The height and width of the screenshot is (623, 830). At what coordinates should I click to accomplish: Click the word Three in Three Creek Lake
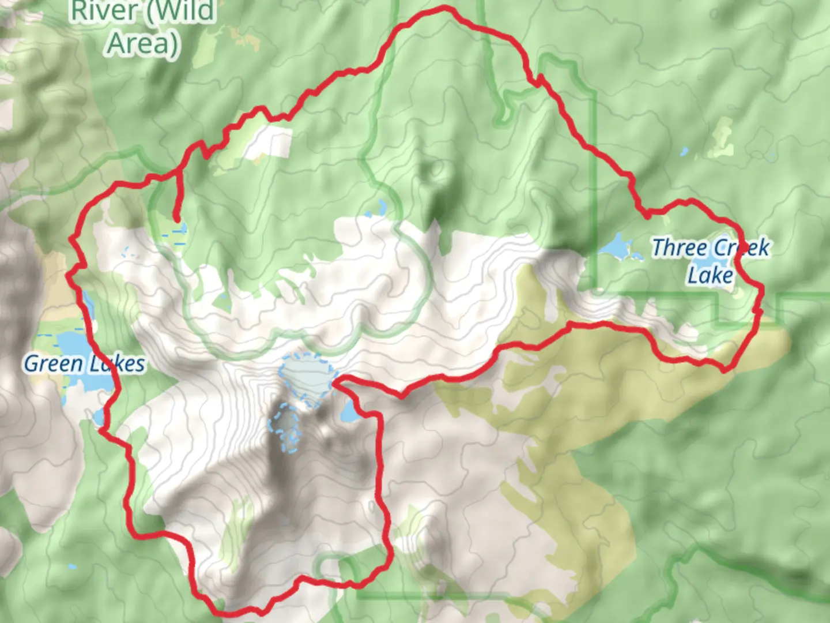[679, 247]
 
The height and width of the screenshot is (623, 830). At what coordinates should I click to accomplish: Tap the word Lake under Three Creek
[710, 275]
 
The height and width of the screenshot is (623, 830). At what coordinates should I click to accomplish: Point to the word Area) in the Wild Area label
[143, 43]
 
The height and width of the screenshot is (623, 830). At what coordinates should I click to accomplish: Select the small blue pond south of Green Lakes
[99, 415]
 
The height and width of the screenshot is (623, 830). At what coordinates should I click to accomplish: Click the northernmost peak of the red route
[445, 8]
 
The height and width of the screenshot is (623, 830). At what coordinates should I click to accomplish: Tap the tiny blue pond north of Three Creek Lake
[684, 152]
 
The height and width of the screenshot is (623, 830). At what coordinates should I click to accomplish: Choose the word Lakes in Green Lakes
[115, 363]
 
